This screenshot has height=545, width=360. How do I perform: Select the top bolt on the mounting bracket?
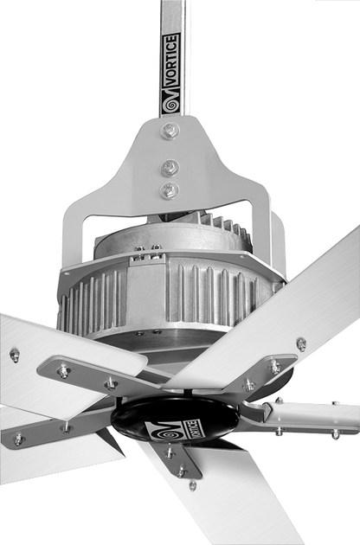pos(170,131)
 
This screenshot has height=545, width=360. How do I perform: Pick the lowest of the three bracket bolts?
pos(170,190)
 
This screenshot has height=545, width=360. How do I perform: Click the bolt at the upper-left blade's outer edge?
pos(14,354)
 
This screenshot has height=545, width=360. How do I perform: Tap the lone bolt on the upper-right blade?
pos(300,343)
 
